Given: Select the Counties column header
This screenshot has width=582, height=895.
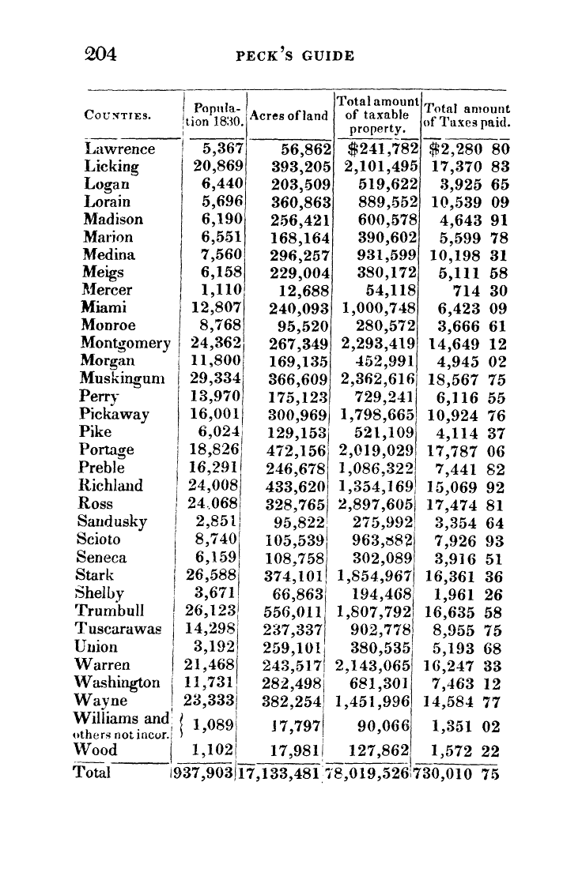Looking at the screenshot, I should pos(118,116).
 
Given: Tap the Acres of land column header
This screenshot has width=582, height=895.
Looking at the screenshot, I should pos(289,116).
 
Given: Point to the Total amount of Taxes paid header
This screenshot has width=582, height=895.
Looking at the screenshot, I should pos(467,116).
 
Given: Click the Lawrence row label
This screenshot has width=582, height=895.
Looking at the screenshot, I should pos(119,149).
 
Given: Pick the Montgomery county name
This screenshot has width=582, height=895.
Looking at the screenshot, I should pos(126,343).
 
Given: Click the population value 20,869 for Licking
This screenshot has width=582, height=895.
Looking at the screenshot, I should pos(216,167).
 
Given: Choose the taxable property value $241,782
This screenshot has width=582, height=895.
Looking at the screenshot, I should pos(381,149).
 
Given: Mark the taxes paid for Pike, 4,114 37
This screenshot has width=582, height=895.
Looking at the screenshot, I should pos(470,432).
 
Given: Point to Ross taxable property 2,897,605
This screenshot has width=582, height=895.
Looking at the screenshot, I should pos(376,503).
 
